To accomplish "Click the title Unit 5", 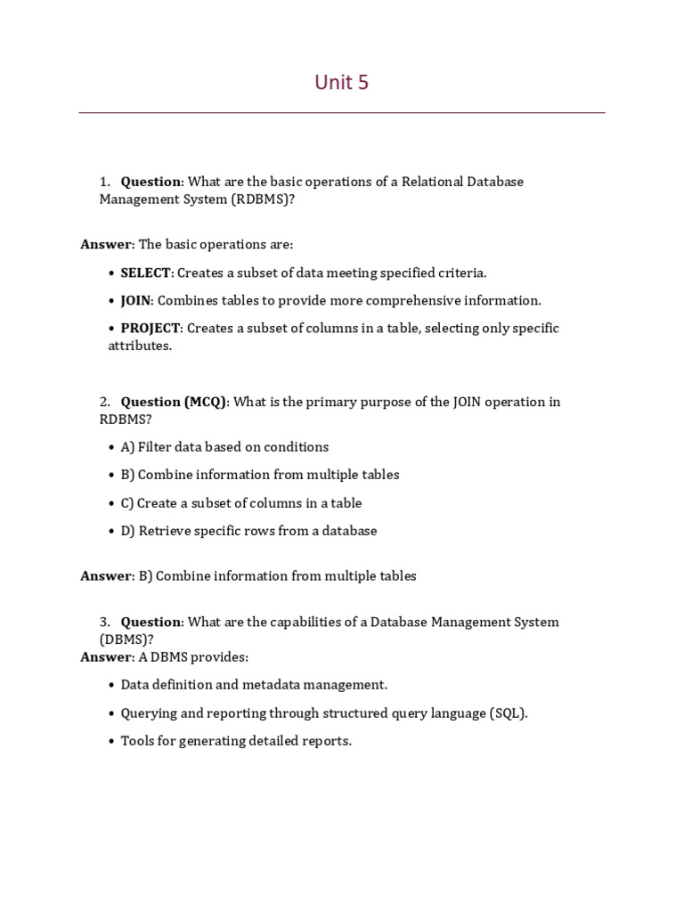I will tap(341, 83).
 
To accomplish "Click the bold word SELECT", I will tap(145, 273).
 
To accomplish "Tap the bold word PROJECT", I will tap(151, 328).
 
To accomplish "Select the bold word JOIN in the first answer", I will tap(135, 300).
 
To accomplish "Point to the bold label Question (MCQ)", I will tap(174, 402).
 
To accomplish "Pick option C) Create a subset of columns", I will tap(240, 503).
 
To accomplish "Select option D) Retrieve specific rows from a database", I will tap(248, 531).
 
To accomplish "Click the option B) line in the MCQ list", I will tap(259, 475).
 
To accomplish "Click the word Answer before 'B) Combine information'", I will tap(106, 576).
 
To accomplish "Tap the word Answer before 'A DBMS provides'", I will tap(106, 657).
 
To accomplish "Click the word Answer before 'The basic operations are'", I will tap(106, 244).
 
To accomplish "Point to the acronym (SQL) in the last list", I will tap(508, 713).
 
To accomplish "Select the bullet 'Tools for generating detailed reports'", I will tap(236, 741).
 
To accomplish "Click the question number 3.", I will tap(104, 622).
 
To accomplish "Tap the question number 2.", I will tap(104, 402).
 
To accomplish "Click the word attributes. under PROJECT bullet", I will tap(140, 346).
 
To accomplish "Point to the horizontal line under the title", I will tap(341, 113).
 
